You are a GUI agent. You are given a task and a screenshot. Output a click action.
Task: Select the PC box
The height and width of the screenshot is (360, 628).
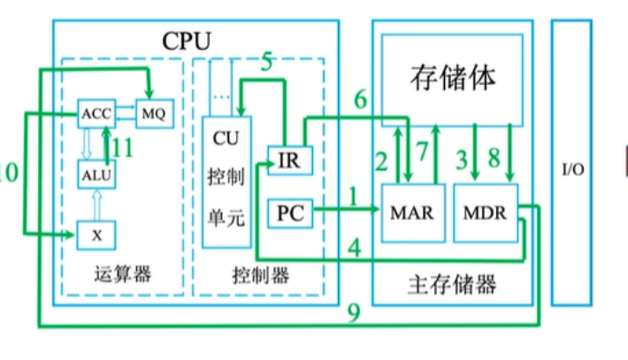coord(289,212)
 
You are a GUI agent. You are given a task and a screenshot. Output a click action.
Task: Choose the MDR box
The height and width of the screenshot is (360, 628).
coord(485,212)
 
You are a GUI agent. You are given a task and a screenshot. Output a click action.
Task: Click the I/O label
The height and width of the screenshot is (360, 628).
coord(572,168)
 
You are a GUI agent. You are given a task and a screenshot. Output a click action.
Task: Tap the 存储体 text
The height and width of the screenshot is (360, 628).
coord(452,77)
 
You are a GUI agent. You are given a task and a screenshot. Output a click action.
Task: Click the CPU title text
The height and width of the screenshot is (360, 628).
coord(187,40)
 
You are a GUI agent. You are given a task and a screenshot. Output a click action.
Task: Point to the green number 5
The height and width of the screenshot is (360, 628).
coord(265,63)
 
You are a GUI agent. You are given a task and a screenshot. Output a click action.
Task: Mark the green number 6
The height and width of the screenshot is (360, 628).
coord(360,101)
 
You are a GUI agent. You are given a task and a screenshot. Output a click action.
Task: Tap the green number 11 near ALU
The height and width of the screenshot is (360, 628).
coord(123,148)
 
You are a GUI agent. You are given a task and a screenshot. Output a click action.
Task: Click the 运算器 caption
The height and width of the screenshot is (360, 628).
coord(122,275)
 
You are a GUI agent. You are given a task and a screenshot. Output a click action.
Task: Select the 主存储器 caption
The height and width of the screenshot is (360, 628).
coord(452,285)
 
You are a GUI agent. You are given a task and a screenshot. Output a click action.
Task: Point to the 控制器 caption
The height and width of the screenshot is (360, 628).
coord(259,275)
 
